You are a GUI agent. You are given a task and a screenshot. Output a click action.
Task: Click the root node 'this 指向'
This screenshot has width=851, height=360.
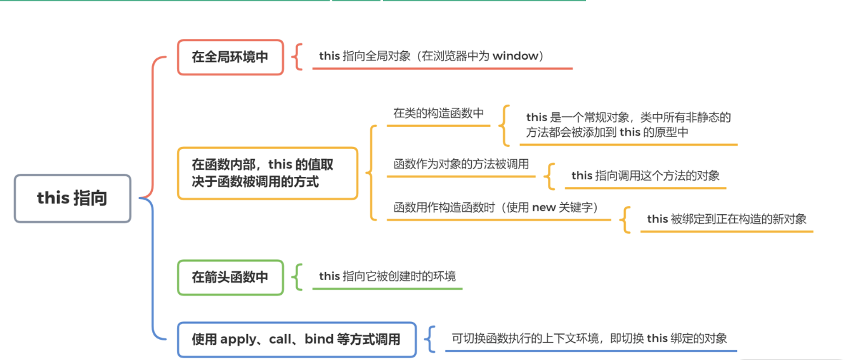(x=72, y=198)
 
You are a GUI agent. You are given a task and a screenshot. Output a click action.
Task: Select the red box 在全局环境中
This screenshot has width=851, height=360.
(x=230, y=57)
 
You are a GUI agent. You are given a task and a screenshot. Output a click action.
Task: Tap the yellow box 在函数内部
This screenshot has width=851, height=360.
(x=267, y=173)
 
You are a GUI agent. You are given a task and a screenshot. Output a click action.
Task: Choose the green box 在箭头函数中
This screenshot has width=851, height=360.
(x=230, y=277)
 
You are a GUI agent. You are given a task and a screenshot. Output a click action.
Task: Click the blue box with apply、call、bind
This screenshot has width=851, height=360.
(x=296, y=339)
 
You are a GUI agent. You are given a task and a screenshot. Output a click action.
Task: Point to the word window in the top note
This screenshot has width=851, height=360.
(x=515, y=56)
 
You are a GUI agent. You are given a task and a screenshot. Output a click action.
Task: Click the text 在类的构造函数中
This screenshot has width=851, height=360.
(x=438, y=113)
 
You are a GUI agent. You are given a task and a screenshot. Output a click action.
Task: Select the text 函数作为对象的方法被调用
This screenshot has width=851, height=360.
(x=461, y=164)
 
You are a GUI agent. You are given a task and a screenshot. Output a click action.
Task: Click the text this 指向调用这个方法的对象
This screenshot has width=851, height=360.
(x=645, y=176)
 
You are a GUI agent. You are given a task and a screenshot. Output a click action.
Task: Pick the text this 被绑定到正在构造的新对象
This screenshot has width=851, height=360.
(x=726, y=219)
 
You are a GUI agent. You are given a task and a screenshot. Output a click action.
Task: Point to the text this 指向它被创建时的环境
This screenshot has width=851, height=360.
(x=387, y=276)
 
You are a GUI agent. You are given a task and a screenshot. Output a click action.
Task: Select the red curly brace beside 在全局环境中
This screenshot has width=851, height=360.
(x=297, y=57)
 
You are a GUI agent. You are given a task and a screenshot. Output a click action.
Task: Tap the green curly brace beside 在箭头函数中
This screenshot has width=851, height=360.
(x=297, y=277)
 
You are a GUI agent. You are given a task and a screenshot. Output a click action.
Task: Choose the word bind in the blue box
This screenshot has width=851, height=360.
(x=319, y=339)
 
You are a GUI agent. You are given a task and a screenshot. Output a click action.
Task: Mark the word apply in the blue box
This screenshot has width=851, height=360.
(x=237, y=339)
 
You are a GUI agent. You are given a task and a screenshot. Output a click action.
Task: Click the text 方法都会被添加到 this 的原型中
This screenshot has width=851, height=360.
(x=607, y=132)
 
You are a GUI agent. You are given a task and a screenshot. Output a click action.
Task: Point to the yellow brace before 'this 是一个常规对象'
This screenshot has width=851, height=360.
(x=505, y=125)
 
